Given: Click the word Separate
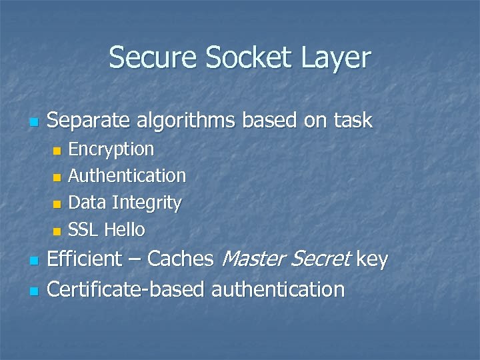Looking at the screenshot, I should point(89,121).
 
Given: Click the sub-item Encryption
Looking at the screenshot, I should point(111,149).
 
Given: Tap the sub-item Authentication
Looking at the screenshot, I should point(127,176).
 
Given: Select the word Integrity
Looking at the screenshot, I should point(147,203).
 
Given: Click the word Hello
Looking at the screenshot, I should point(125,230).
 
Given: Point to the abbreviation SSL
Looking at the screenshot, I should point(83,230).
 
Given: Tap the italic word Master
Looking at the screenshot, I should point(251,259).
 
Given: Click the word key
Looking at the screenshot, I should point(372,259).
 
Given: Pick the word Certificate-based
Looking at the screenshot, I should point(127,289).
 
